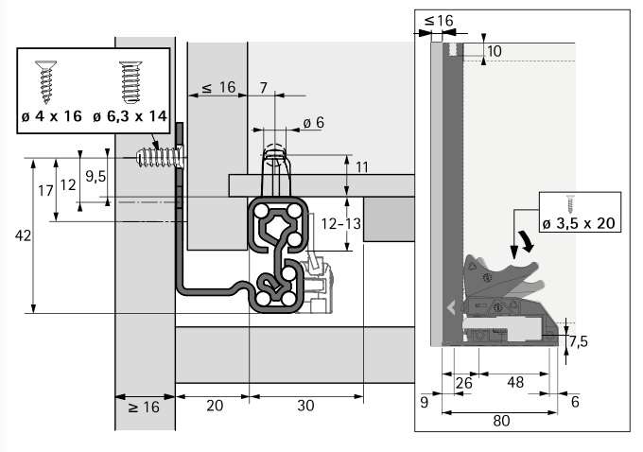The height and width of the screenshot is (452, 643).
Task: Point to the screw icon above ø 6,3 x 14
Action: coord(130,82)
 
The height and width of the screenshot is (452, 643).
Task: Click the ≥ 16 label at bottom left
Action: coord(144,407)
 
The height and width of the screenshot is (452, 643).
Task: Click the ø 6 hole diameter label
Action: coord(313,122)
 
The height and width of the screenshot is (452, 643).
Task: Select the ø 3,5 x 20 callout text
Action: coord(579,222)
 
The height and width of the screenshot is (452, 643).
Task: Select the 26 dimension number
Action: coord(464,383)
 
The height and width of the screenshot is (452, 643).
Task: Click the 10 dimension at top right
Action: coord(496,50)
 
